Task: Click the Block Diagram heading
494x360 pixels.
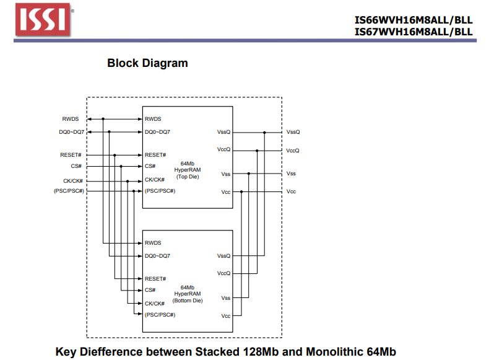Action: click(147, 63)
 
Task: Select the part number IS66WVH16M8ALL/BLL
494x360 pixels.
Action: click(413, 19)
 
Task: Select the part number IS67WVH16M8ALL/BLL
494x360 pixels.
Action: click(413, 32)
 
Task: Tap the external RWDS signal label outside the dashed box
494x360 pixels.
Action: click(70, 119)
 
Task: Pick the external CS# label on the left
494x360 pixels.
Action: click(76, 166)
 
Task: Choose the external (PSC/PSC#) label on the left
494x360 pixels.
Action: click(69, 191)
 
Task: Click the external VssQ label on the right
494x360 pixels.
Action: click(293, 132)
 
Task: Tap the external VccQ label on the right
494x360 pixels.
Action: click(293, 151)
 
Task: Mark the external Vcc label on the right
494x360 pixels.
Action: click(291, 191)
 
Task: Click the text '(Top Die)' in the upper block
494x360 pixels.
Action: click(187, 177)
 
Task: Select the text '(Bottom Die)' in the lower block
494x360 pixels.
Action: click(187, 301)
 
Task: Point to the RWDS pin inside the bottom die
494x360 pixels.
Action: click(153, 243)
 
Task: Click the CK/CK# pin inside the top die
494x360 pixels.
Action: click(155, 180)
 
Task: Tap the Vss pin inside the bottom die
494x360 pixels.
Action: click(225, 298)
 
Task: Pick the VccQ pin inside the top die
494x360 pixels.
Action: click(223, 149)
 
